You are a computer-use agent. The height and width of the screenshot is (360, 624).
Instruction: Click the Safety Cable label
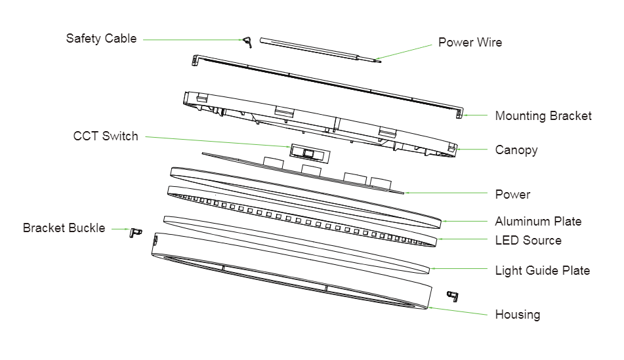[x=101, y=39]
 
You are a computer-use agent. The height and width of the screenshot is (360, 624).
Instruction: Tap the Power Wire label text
[x=470, y=43]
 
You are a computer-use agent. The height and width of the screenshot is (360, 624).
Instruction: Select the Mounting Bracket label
[x=543, y=116]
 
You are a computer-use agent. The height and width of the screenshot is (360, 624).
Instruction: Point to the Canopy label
[x=516, y=150]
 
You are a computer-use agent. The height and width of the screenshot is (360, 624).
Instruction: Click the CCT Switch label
[x=106, y=136]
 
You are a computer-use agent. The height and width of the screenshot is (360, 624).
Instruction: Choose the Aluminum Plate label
[x=538, y=222]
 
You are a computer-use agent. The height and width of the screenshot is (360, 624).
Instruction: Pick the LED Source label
[x=528, y=241]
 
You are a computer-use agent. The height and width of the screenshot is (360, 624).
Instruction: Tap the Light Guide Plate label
[x=542, y=270]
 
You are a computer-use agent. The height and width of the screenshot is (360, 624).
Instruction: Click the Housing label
[x=518, y=315]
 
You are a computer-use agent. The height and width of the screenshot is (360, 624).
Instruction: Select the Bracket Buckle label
[x=64, y=228]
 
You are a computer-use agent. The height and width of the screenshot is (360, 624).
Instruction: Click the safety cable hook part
[x=247, y=42]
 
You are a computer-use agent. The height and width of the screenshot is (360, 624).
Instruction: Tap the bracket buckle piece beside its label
[x=136, y=232]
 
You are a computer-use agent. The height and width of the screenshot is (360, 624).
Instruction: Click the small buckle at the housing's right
[x=452, y=295]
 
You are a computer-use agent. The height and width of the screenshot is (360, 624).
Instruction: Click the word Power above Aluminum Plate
[x=512, y=195]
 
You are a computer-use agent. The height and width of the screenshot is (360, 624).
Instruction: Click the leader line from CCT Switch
[x=217, y=141]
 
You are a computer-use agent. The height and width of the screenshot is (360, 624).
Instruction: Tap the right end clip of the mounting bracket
[x=459, y=113]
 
